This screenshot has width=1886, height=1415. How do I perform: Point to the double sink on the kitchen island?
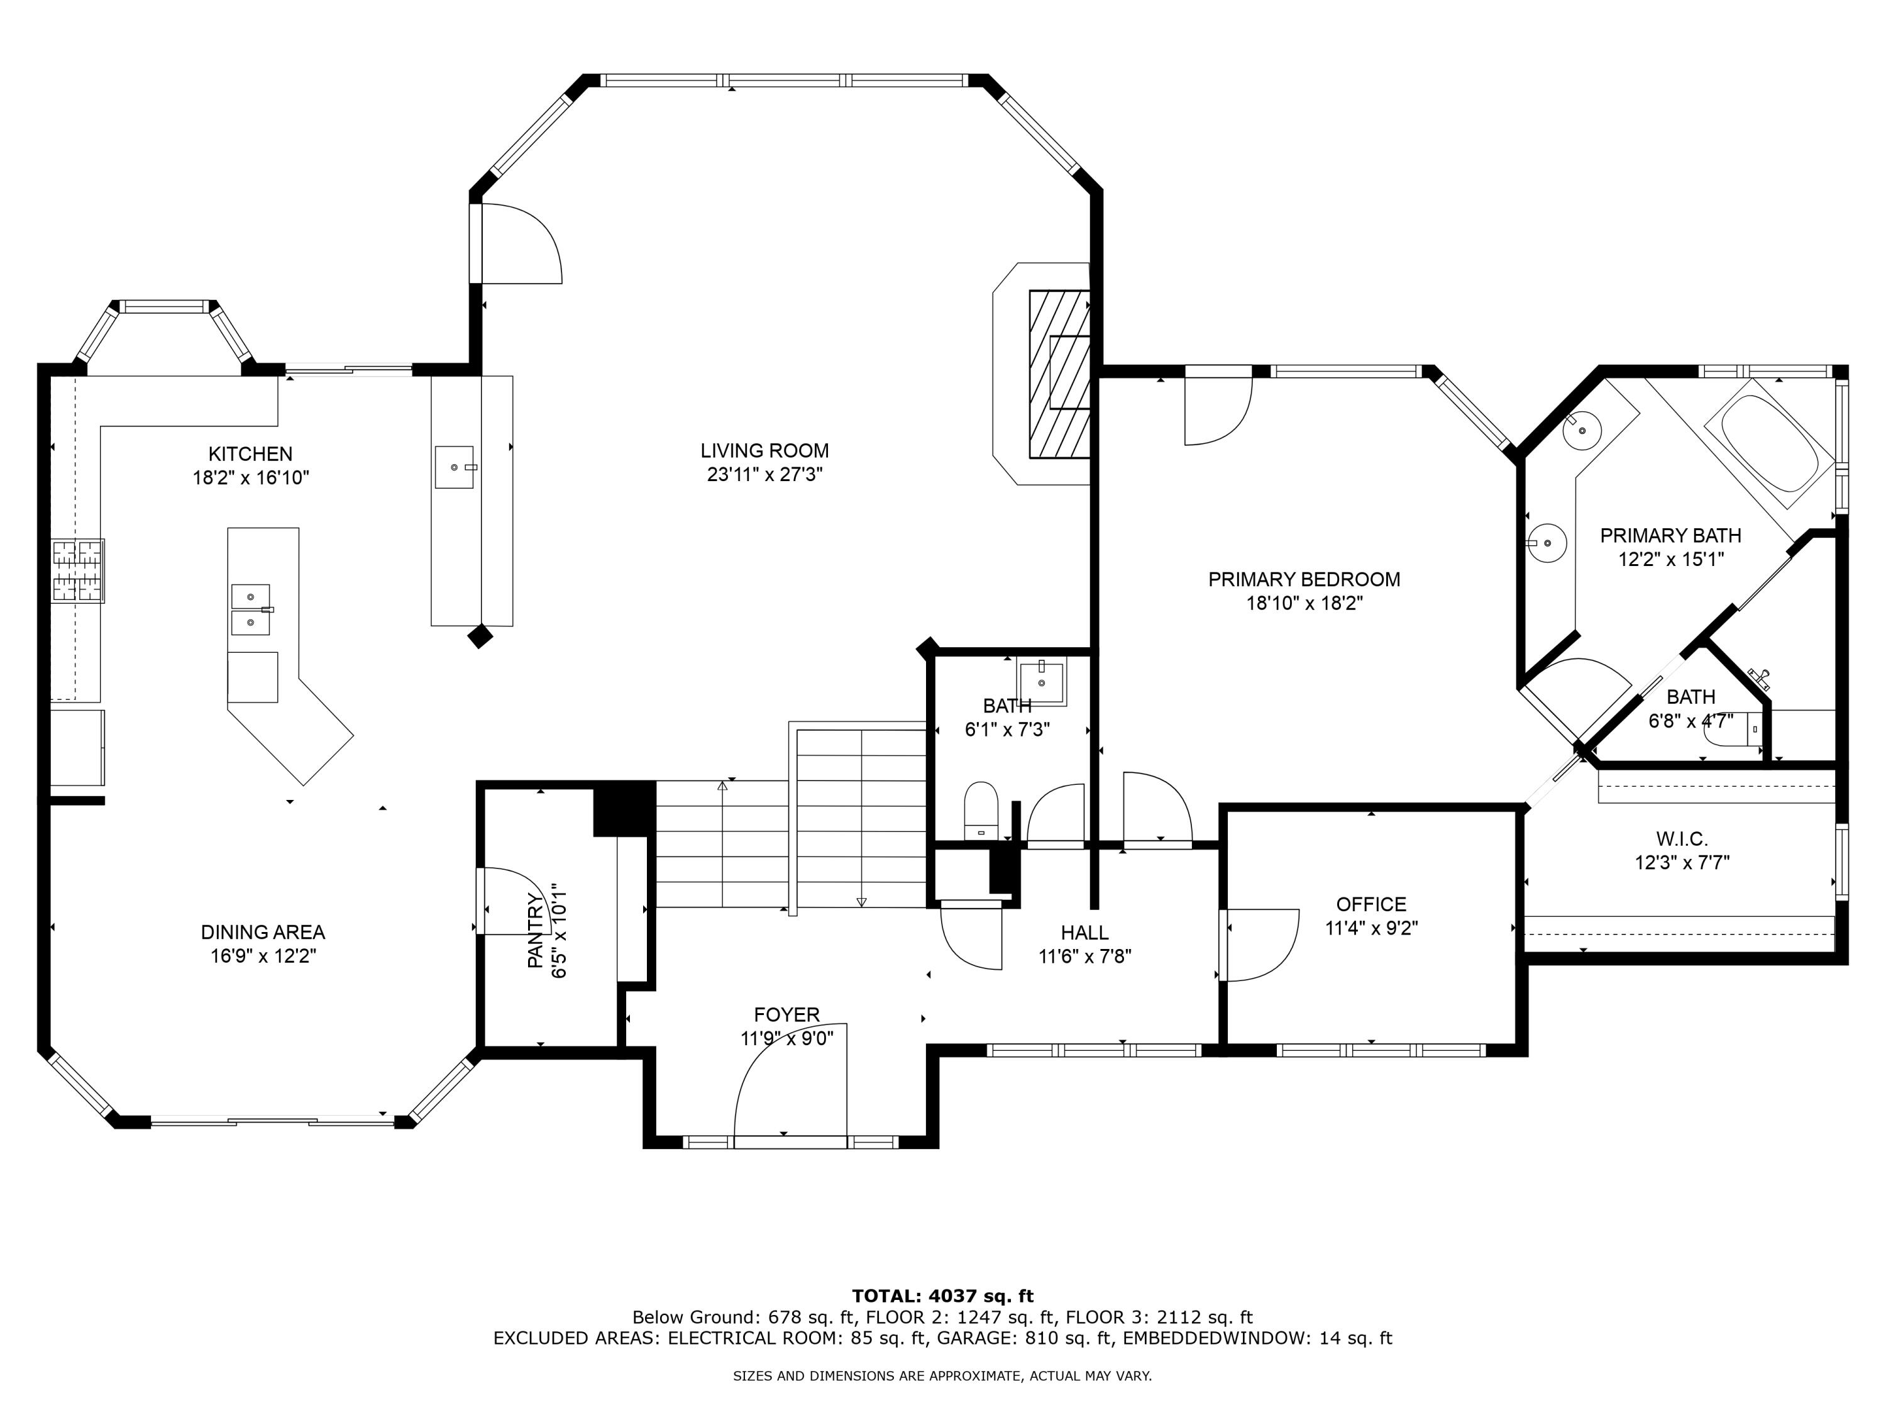pyautogui.click(x=251, y=610)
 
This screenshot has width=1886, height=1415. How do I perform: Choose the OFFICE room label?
pyautogui.click(x=1371, y=904)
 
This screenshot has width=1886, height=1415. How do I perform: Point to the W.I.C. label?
pyautogui.click(x=1682, y=840)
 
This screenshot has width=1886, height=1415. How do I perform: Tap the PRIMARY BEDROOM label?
pyautogui.click(x=1304, y=580)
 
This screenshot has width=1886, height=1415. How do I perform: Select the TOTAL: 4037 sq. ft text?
pyautogui.click(x=942, y=1296)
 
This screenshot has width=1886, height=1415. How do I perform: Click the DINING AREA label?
pyautogui.click(x=263, y=932)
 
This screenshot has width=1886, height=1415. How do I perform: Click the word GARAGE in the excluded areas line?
pyautogui.click(x=973, y=1338)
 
